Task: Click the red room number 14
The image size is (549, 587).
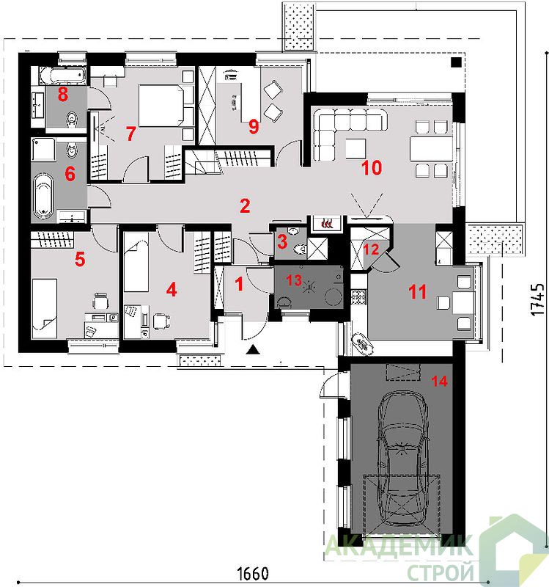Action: [440, 381]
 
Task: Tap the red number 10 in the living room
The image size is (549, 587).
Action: [372, 168]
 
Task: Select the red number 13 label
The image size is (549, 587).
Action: [294, 280]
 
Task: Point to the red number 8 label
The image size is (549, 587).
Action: [63, 94]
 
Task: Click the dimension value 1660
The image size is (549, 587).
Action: [253, 574]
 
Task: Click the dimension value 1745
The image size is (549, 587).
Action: [537, 299]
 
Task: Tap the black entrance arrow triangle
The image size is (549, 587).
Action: [254, 350]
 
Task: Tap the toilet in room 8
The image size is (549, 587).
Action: [71, 119]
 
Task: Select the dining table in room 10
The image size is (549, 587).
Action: [431, 149]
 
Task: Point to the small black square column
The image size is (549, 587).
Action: [456, 62]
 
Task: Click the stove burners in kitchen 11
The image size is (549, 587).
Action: [359, 297]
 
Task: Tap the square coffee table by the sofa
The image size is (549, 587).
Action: [355, 149]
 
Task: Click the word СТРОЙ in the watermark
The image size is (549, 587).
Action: [441, 572]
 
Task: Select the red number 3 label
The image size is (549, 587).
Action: [282, 241]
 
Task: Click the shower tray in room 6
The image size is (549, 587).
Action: [43, 150]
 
